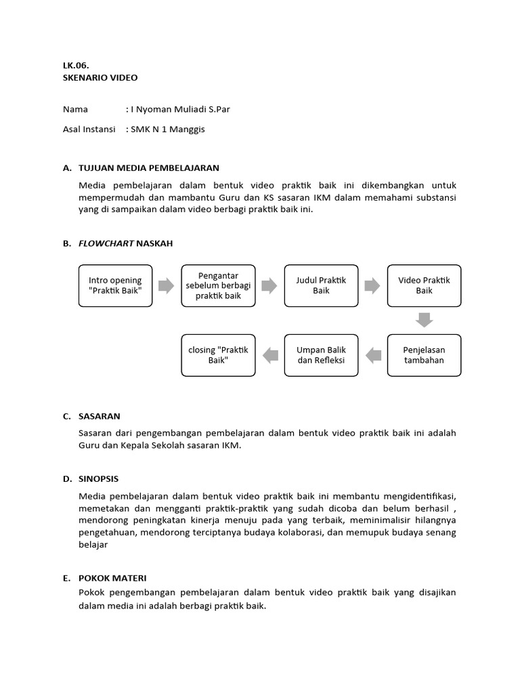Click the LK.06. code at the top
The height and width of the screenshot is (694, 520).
click(75, 66)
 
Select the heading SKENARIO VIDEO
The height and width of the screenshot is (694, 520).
click(100, 77)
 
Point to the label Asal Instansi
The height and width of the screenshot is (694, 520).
click(89, 129)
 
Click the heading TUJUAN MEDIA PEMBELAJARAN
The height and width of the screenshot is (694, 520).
click(149, 167)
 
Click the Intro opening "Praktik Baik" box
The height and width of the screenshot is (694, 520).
click(115, 285)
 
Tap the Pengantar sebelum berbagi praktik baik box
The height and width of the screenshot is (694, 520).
click(218, 285)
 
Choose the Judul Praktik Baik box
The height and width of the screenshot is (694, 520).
click(321, 285)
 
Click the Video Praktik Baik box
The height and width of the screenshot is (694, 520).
click(424, 285)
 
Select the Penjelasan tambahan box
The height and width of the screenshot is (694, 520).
click(424, 354)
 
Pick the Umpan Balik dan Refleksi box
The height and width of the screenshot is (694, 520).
click(321, 354)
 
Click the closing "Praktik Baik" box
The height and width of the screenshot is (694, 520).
click(218, 354)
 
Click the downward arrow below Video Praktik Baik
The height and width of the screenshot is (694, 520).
click(425, 320)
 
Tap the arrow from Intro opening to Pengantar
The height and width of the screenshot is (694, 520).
click(167, 285)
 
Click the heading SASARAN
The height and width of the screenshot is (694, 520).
click(100, 416)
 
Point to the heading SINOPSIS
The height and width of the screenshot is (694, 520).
click(99, 478)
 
